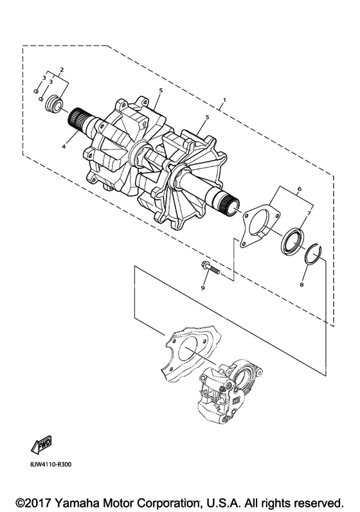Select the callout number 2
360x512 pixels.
coord(62,69)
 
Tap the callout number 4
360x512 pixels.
coord(64,147)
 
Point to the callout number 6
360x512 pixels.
coord(300,189)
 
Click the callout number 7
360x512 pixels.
coord(309,213)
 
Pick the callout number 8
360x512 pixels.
coord(301,285)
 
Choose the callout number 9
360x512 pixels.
coord(203,288)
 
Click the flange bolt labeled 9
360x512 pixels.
coord(208,269)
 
